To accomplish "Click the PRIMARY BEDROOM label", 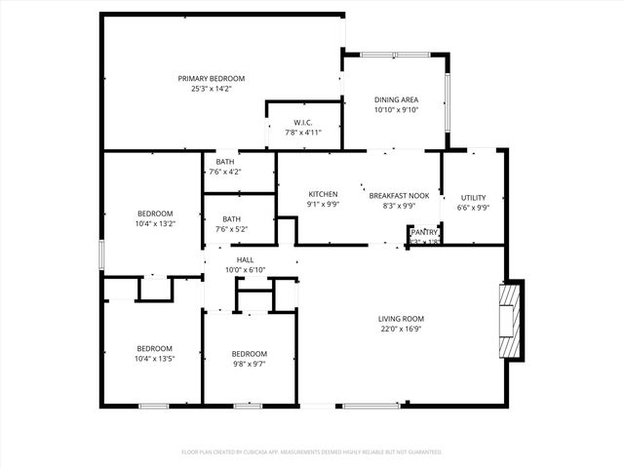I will click(211, 79).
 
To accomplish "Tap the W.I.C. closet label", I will click(302, 123).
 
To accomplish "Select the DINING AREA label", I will click(397, 99).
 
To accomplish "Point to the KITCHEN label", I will click(323, 194).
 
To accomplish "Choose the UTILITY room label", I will click(473, 197).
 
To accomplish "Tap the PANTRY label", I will click(424, 232).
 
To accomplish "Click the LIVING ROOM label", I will click(402, 319).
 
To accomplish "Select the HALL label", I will click(246, 260).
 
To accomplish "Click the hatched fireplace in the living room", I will click(510, 323).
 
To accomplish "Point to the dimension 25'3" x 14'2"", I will click(211, 89).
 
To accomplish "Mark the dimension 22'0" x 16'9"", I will click(402, 329).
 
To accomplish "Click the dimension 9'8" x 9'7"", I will click(249, 364).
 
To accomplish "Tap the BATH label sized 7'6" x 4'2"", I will click(225, 162).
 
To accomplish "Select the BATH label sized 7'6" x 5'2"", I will click(231, 219).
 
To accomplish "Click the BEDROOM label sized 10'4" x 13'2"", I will click(155, 214).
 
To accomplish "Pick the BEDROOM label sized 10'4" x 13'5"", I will click(154, 348).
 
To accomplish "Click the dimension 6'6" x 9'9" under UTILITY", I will click(473, 207).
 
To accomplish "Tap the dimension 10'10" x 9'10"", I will click(397, 109).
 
